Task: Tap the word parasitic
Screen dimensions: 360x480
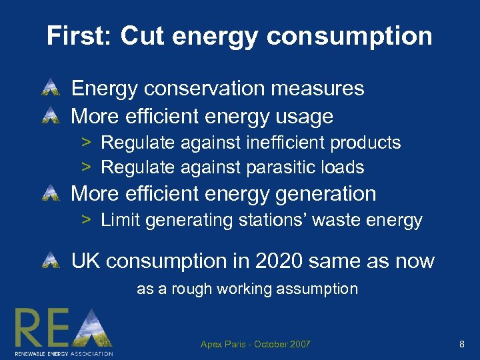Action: (275, 167)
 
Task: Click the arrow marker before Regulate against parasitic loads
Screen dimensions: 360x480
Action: (86, 167)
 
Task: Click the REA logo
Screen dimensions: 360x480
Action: (64, 331)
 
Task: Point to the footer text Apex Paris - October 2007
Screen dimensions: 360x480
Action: (255, 344)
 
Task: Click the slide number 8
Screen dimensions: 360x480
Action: (461, 344)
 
